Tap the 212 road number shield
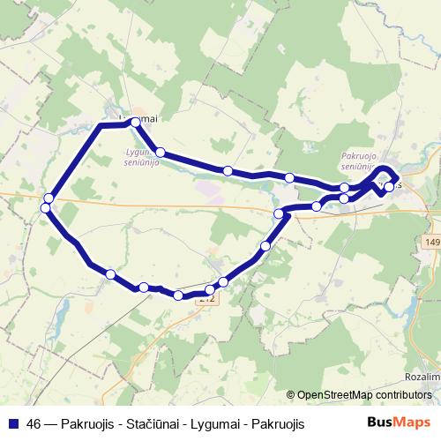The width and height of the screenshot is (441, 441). click(x=206, y=300)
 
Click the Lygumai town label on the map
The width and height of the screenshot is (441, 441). click(x=138, y=118)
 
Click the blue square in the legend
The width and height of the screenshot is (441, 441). click(x=11, y=424)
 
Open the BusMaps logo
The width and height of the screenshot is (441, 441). click(x=399, y=422)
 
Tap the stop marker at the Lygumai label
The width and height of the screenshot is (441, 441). click(x=135, y=124)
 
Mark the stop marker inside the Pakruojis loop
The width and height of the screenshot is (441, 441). click(x=389, y=187)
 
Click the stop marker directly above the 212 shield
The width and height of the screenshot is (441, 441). click(x=210, y=289)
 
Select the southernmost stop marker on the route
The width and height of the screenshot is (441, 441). click(x=178, y=295)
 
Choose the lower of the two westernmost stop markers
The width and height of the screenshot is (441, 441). click(x=46, y=208)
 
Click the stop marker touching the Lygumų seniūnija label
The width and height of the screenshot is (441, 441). click(x=160, y=153)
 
